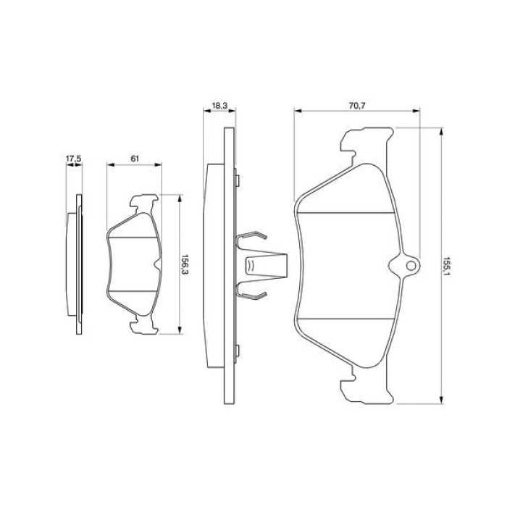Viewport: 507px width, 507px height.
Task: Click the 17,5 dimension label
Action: pos(73,159)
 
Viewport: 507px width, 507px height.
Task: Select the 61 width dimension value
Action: pos(135,159)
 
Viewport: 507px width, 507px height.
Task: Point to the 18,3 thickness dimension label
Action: pos(220,106)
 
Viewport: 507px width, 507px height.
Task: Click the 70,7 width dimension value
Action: pos(357,106)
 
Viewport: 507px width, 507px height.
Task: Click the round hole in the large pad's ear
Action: pos(411,266)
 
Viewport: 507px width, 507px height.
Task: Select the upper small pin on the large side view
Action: pos(238,181)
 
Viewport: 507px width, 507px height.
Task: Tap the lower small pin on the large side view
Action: pos(238,350)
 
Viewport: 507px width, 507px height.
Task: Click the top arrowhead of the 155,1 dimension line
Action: pos(441,132)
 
